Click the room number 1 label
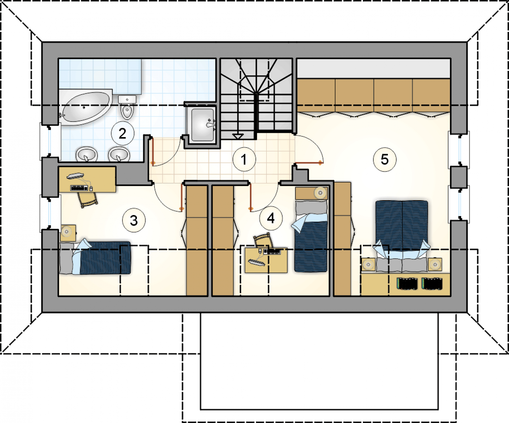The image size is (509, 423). (244, 159)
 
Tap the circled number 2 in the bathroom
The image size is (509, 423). (122, 133)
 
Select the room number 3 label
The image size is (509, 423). (134, 220)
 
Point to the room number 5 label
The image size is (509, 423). (384, 159)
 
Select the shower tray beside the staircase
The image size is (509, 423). (202, 124)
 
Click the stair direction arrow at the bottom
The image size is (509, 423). (238, 136)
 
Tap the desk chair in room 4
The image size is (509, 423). (263, 240)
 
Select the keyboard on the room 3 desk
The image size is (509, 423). (79, 188)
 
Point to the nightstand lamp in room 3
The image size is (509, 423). (67, 231)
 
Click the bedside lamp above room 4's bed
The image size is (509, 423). (320, 193)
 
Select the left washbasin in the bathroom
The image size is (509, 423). (87, 154)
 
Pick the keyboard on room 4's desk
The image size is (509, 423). (272, 251)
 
